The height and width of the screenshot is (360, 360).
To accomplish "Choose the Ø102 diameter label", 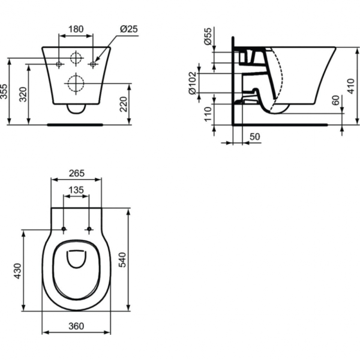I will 193,85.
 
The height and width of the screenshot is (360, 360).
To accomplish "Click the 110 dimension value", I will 208,115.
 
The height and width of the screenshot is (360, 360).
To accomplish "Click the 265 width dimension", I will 76,173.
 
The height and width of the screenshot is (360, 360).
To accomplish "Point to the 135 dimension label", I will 76,190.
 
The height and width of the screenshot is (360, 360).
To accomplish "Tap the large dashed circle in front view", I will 76,82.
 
